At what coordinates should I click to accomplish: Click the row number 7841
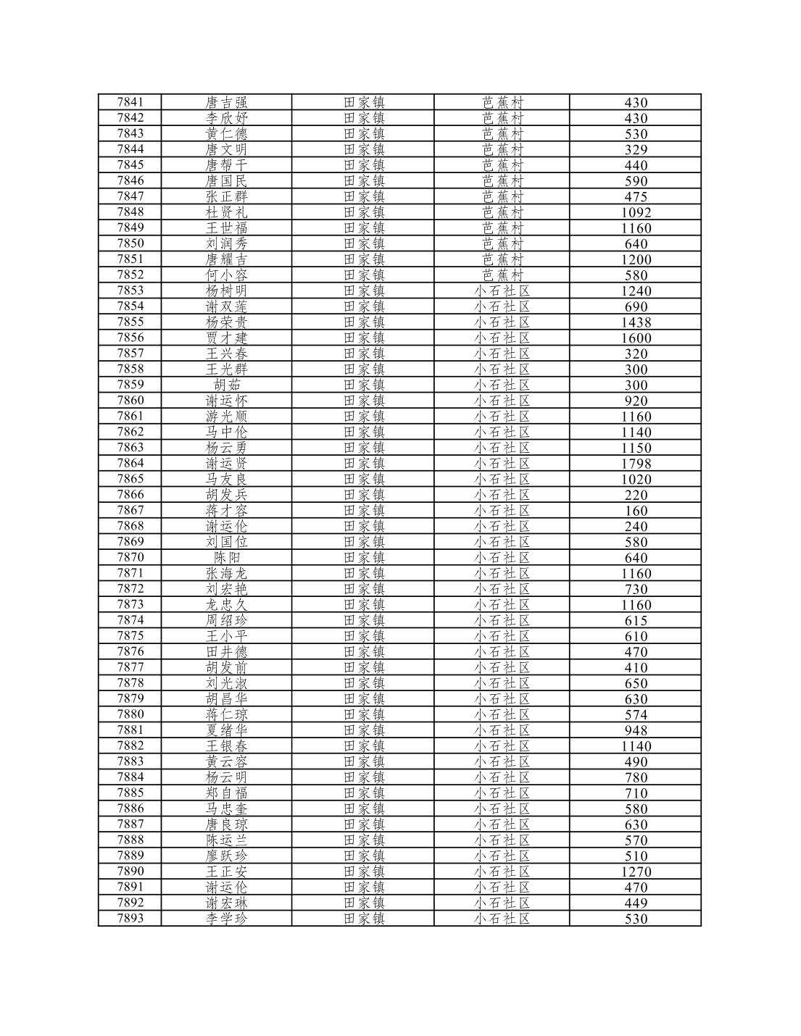click(x=130, y=102)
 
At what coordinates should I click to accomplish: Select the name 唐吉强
click(x=226, y=102)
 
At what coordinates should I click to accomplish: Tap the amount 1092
click(x=636, y=212)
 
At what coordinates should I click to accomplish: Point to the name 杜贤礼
click(x=226, y=212)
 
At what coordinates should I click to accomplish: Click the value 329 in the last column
click(x=636, y=149)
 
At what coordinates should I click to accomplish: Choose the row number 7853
click(x=130, y=291)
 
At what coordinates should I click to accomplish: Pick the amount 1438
click(x=636, y=322)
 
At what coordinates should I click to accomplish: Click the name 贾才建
click(x=226, y=338)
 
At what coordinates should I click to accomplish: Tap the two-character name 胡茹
click(x=226, y=385)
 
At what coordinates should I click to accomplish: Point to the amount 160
click(x=636, y=511)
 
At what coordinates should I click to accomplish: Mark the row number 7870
click(x=130, y=557)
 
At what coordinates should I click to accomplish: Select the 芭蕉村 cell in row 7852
click(x=502, y=275)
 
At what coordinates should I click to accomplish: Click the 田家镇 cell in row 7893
click(x=364, y=919)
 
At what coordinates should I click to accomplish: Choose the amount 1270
click(x=636, y=872)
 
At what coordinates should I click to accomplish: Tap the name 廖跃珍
click(x=226, y=856)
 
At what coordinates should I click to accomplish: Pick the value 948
click(x=636, y=730)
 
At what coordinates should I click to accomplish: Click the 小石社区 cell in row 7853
click(x=502, y=291)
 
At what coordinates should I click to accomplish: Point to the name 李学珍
click(x=226, y=919)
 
